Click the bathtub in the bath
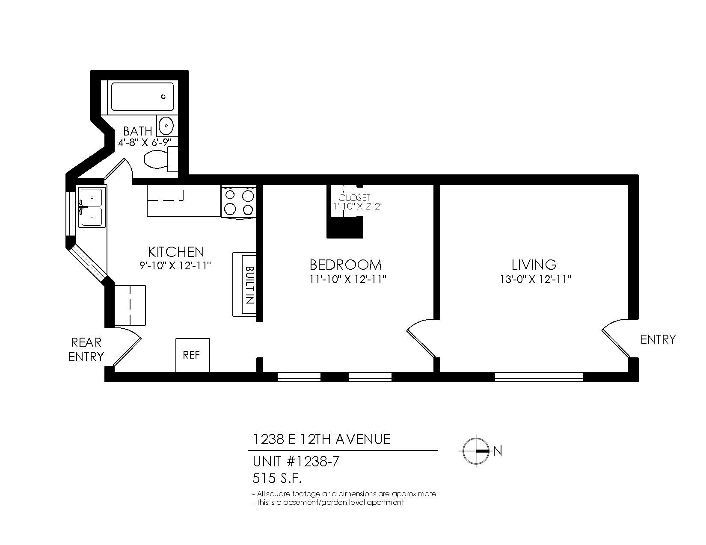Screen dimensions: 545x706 tap(142, 97)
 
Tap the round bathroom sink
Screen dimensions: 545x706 tap(166, 126)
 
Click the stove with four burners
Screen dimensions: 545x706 tap(239, 202)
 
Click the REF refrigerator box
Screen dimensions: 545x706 tap(193, 355)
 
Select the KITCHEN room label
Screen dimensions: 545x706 tap(176, 251)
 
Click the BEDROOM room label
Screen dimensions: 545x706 tap(345, 265)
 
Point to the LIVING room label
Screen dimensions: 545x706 tap(534, 265)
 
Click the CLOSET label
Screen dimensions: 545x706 tap(354, 197)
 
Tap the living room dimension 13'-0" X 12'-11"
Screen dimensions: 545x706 tap(535, 279)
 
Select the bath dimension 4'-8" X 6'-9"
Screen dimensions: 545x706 tap(148, 142)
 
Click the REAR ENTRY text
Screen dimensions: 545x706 tap(86, 349)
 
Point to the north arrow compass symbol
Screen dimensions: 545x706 tap(476, 451)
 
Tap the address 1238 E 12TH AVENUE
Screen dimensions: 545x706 tap(321, 439)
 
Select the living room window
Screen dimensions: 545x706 tap(539, 377)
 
